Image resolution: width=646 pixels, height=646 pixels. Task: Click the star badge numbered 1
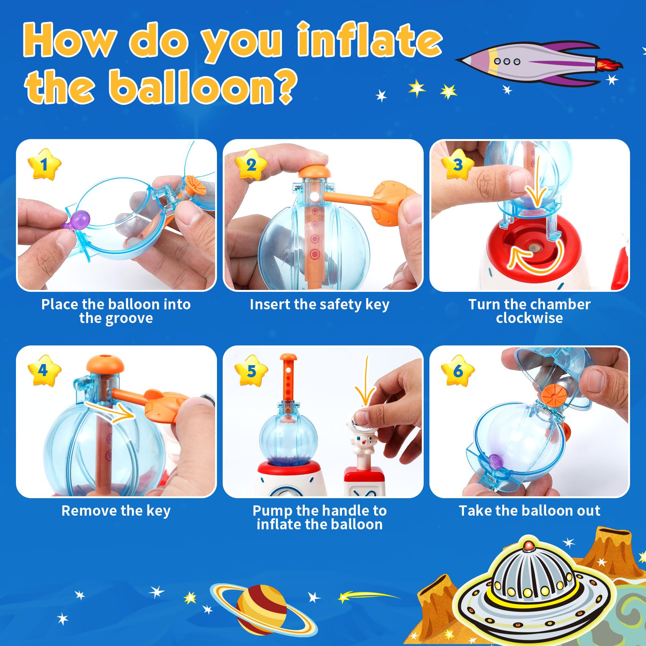coord(44,164)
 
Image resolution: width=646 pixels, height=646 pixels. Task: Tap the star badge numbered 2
coord(251,164)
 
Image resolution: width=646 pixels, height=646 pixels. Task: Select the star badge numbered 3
coord(458,164)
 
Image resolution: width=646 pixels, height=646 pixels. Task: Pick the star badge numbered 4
coord(44,370)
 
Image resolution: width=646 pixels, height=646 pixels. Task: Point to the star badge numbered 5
coord(251,370)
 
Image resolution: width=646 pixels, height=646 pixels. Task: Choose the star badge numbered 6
coord(458,370)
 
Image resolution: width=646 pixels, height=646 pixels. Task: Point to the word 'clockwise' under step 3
coord(529,318)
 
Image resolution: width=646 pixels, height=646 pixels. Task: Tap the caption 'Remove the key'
coord(116,511)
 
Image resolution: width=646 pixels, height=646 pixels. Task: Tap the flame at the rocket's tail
coord(610,65)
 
